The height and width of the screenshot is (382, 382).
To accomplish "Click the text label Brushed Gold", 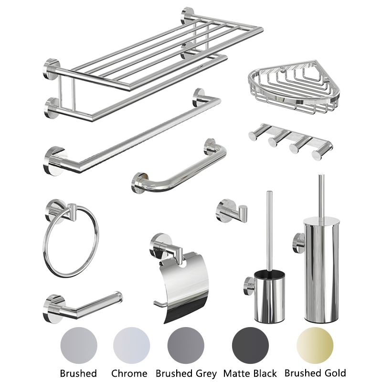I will pos(315,372).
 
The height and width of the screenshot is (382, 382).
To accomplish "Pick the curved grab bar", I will pos(181,170).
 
